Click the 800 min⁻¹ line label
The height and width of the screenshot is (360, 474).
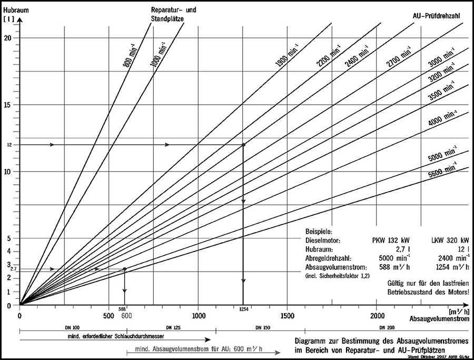click(x=129, y=56)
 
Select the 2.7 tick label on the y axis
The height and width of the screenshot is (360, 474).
click(x=13, y=269)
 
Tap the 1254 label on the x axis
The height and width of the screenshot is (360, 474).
click(x=243, y=309)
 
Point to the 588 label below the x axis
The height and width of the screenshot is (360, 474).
click(x=122, y=309)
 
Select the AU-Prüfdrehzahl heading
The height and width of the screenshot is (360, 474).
click(x=437, y=16)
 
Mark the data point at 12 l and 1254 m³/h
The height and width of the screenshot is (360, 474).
click(x=243, y=144)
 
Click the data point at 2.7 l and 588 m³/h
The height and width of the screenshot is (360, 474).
click(x=124, y=269)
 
